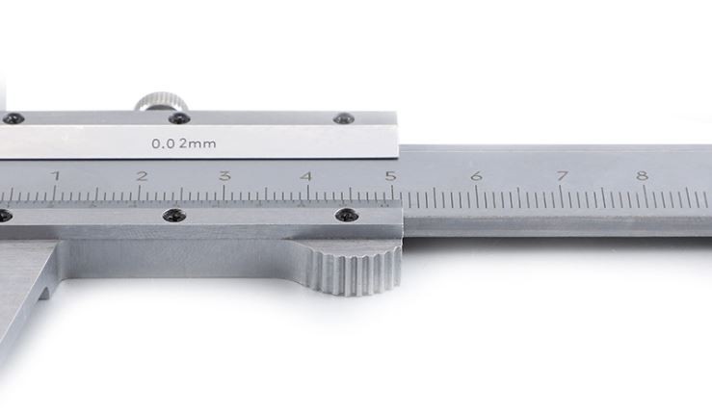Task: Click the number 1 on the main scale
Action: tap(56, 175)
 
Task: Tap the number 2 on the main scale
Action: tap(143, 175)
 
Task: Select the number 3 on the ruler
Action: tap(224, 175)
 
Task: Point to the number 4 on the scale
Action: tap(307, 175)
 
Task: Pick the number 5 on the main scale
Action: tap(390, 175)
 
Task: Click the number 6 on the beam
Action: tap(476, 175)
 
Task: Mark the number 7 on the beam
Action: tap(562, 175)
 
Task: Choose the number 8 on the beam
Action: tap(642, 175)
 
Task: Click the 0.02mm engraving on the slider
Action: tap(184, 143)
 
